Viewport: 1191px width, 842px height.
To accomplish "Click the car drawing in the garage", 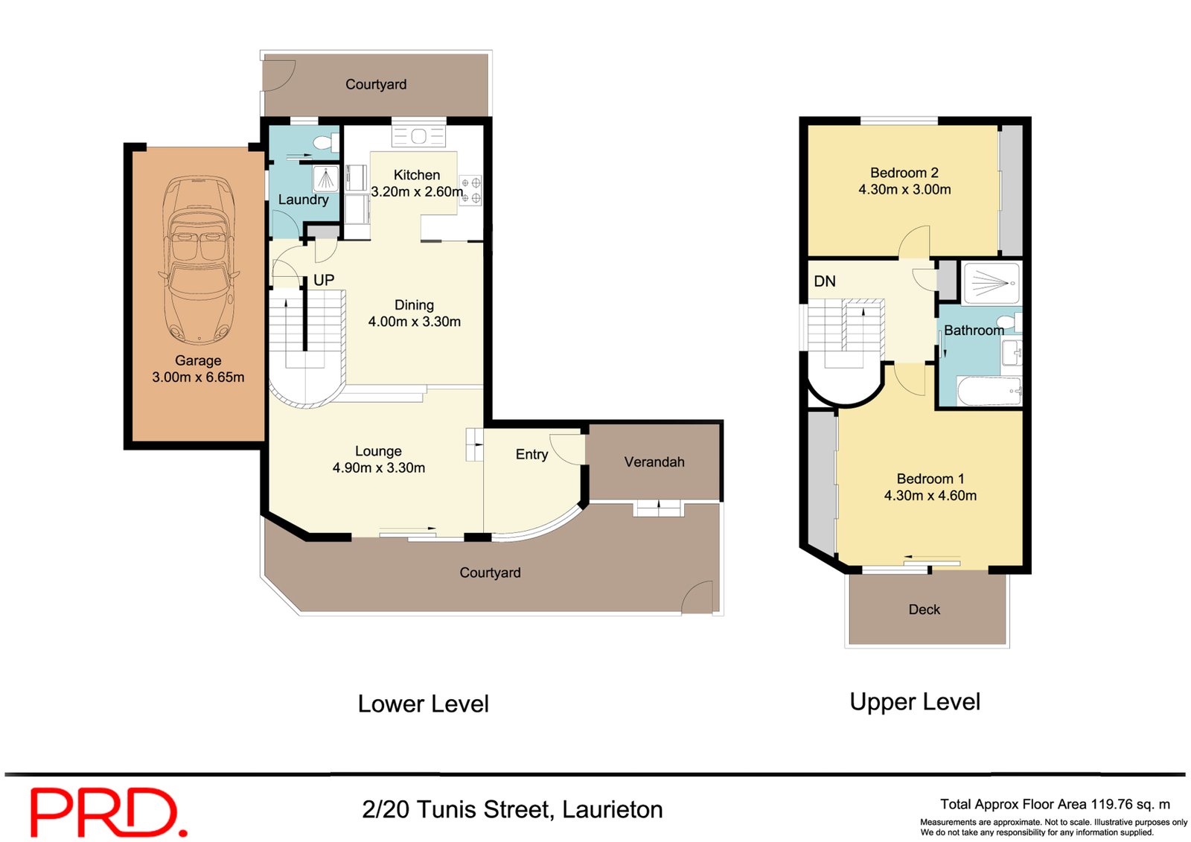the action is coord(199,261).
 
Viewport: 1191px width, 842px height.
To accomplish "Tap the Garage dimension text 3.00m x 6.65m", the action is coord(198,377).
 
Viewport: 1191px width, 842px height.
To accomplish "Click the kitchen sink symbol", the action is coord(418,136).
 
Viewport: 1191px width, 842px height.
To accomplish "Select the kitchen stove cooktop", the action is coord(470,191).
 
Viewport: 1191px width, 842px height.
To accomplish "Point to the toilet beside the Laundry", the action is coord(325,142).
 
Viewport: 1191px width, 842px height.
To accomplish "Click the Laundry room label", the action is coord(303,200).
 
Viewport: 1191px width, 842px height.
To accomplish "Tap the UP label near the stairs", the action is coord(323,280).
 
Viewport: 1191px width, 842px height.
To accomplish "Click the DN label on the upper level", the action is coord(824,281).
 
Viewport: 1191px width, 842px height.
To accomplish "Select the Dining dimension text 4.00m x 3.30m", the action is coord(414,322).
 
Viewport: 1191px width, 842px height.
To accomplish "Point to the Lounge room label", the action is coord(378,451).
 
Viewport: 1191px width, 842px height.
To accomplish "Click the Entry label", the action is coord(531,454).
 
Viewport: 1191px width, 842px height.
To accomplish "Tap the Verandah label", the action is coord(654,462).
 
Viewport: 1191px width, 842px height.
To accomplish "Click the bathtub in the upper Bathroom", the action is coord(989,391).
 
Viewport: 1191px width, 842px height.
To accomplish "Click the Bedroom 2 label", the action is coord(904,173).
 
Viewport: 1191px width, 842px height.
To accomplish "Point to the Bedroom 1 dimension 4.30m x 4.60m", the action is coord(930,496).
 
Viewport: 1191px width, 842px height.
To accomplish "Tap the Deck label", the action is coord(924,610).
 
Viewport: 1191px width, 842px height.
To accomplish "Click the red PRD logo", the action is coord(109,812).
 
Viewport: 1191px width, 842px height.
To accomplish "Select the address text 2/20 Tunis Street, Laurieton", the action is coord(512,809).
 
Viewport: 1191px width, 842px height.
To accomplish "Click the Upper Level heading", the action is coord(915,702).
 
